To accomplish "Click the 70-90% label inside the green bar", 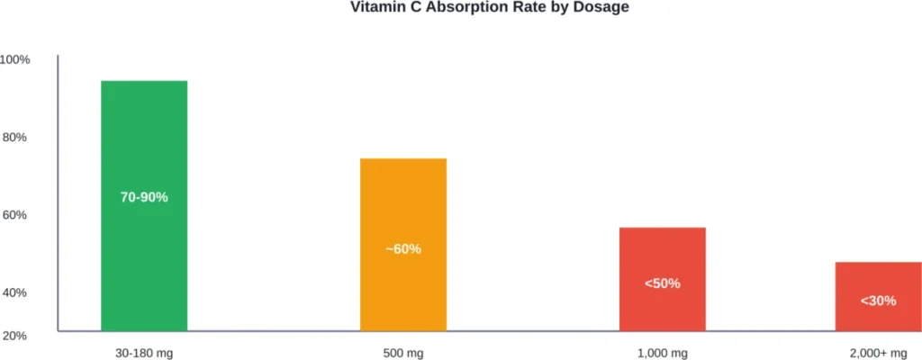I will point(144,197).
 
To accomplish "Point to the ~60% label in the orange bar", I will point(403,248).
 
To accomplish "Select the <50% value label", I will point(662,283).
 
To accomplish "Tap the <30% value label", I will point(878,301).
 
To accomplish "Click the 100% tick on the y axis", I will point(15,59).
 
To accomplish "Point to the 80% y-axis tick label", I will point(17,137).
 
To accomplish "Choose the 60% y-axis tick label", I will point(17,215).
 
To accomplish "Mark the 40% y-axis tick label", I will point(17,292).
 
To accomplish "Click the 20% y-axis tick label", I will point(17,335).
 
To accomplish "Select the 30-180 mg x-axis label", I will point(144,352).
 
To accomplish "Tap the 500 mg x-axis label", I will point(403,352).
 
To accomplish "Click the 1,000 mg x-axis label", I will point(662,352).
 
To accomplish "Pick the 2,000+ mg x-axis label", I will point(878,352).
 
